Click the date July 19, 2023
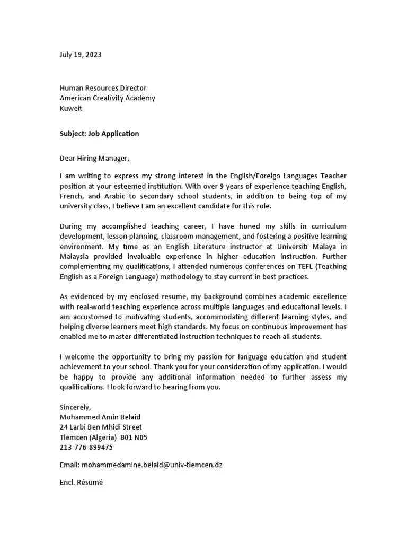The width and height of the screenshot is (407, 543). [81, 54]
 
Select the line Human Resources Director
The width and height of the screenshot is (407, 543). [103, 88]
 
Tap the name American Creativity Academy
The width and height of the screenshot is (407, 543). [108, 98]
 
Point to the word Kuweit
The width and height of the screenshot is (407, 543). [71, 108]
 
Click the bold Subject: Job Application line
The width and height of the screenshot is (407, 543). [99, 134]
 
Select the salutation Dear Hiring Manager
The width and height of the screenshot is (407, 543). [94, 158]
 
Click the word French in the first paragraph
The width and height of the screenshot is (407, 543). [72, 196]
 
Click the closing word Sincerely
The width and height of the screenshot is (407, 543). [75, 407]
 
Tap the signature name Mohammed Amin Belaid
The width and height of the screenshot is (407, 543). [100, 417]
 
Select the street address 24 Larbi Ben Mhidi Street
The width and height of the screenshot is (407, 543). [101, 427]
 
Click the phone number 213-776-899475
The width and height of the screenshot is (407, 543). [86, 447]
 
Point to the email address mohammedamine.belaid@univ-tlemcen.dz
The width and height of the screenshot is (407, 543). [151, 465]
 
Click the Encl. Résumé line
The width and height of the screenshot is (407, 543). [77, 483]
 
